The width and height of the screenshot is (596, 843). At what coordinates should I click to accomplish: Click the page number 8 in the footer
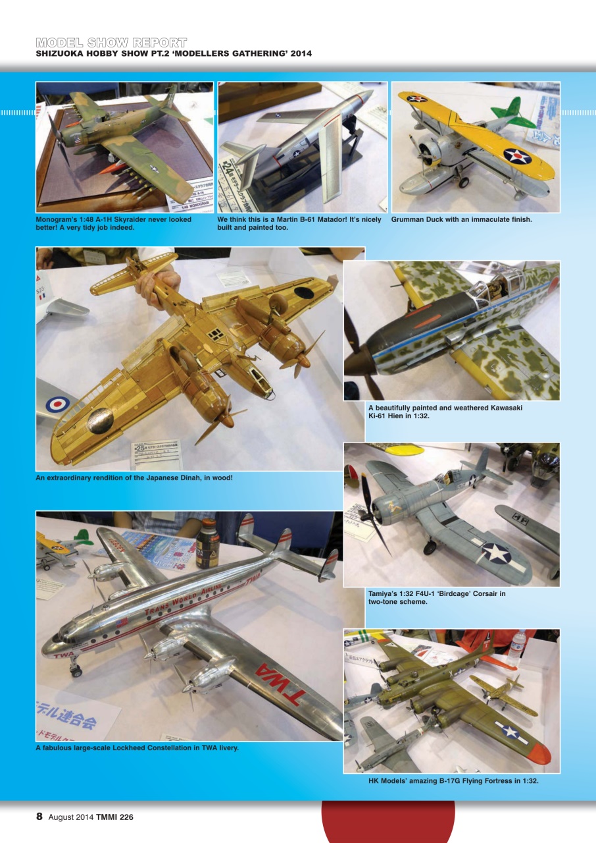39,817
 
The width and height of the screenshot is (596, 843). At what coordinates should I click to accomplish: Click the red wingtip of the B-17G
539,749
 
